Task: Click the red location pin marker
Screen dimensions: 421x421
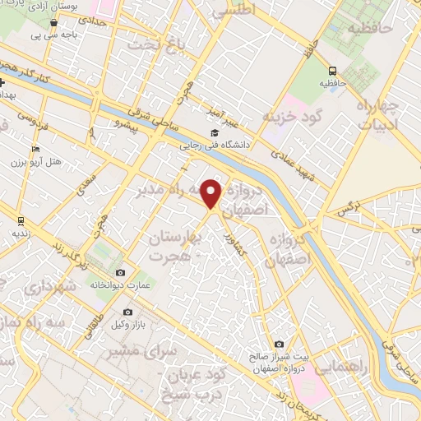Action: (x=212, y=193)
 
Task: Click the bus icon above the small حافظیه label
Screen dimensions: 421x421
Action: (x=332, y=71)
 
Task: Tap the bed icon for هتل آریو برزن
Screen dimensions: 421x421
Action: (x=34, y=147)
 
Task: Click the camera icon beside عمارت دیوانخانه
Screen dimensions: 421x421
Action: (x=121, y=272)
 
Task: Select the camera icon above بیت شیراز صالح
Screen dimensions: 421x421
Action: (x=280, y=344)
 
